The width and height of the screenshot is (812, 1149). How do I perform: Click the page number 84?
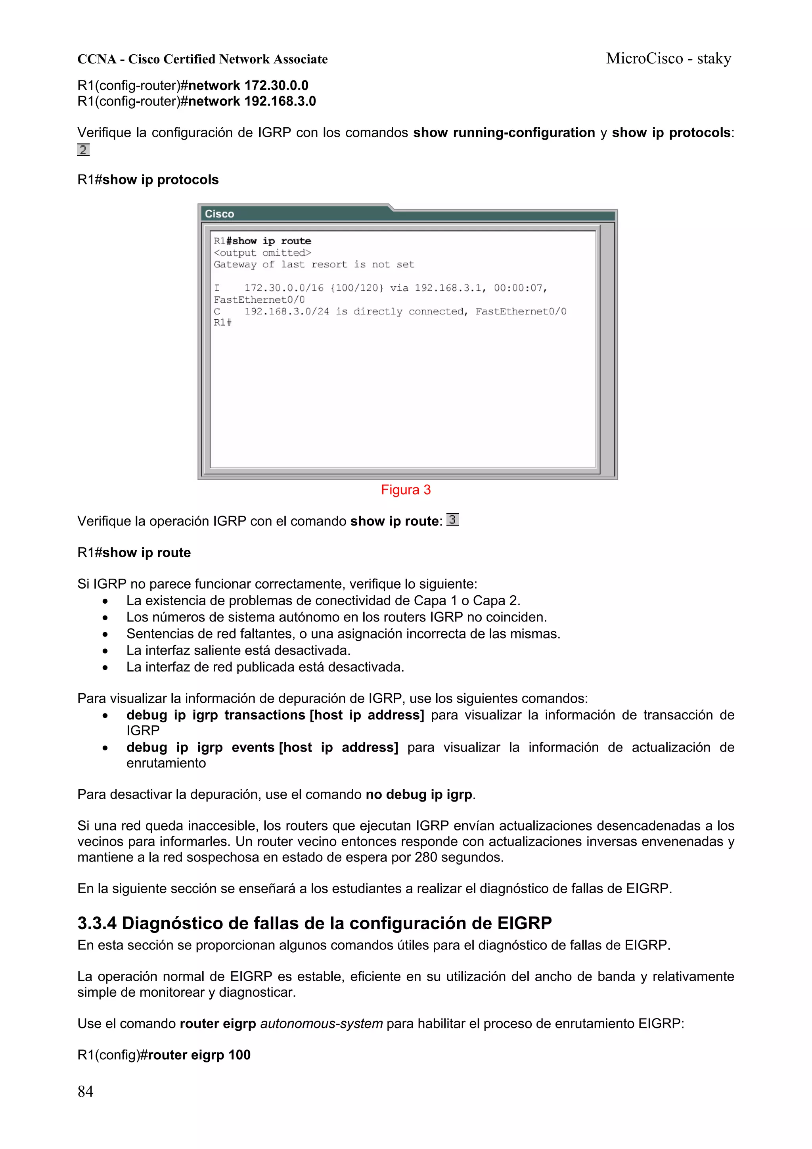click(x=85, y=1091)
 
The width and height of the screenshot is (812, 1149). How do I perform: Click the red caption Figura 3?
click(x=405, y=489)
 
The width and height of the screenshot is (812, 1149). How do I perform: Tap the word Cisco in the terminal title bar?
click(x=219, y=214)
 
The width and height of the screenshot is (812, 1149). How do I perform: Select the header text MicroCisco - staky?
click(x=668, y=59)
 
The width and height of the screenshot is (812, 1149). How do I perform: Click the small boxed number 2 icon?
click(x=83, y=149)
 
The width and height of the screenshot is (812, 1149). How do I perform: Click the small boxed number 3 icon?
click(x=452, y=520)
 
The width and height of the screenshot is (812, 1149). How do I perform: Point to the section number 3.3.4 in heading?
click(x=97, y=923)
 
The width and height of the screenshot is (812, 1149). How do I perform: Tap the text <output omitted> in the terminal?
click(x=262, y=253)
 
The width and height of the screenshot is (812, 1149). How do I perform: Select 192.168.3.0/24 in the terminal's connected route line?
click(x=286, y=311)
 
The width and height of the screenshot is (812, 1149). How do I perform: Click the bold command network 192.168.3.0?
click(x=252, y=101)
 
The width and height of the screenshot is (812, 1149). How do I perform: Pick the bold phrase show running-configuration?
click(x=504, y=132)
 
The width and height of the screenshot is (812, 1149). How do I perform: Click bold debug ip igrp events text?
click(x=200, y=747)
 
